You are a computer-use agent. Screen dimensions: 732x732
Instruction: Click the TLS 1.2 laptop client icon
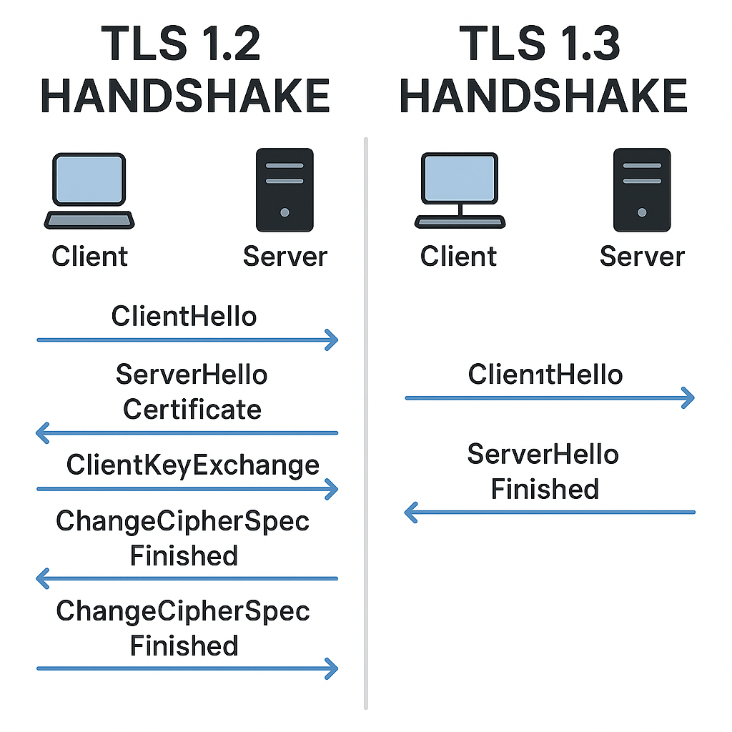click(x=89, y=190)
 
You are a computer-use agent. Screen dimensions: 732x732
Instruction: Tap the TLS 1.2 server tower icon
click(x=285, y=189)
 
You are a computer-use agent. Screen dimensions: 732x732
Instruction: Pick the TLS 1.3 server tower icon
click(x=641, y=189)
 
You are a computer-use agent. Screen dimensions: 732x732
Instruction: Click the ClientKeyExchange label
click(x=193, y=465)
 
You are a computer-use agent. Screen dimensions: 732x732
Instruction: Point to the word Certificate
click(x=192, y=410)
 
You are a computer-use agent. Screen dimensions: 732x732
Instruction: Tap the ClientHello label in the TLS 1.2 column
click(x=184, y=316)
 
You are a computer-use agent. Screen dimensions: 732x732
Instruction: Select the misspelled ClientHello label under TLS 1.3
click(x=545, y=374)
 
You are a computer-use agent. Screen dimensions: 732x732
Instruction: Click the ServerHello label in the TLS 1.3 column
click(x=543, y=455)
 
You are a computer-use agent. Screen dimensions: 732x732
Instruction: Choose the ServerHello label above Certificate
click(x=192, y=375)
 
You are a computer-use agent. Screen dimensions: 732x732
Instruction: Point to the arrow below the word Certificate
click(x=186, y=432)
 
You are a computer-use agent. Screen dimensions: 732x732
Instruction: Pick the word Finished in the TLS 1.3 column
click(x=545, y=490)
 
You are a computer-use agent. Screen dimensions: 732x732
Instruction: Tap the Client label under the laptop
click(x=89, y=257)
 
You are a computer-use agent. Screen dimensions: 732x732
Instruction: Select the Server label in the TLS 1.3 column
click(x=642, y=257)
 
